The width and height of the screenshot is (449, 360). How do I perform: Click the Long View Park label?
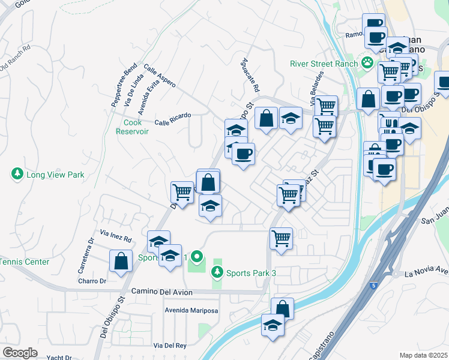pos(55,175)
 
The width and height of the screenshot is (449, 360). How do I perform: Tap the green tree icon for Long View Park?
pos(17,175)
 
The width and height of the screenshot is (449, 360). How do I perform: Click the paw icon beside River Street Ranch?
pos(366,63)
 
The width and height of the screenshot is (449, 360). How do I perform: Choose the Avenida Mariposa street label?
pos(191,311)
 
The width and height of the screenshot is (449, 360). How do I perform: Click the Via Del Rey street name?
pos(170,346)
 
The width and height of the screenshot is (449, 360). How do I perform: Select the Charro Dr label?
pos(92,280)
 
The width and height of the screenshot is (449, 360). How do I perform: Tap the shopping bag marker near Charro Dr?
pos(121,262)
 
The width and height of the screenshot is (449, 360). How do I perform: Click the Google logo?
pos(20,353)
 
